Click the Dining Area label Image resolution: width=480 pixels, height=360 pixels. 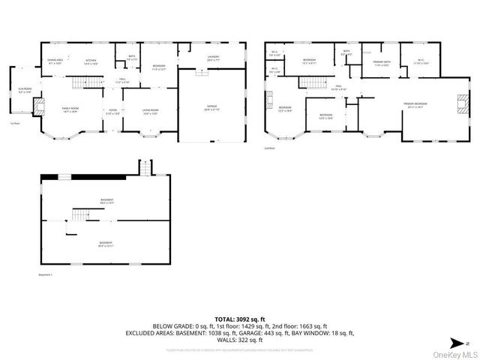coord(55,62)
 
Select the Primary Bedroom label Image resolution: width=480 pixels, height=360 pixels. coord(415,105)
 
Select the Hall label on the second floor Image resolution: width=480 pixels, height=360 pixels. coord(339,87)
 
